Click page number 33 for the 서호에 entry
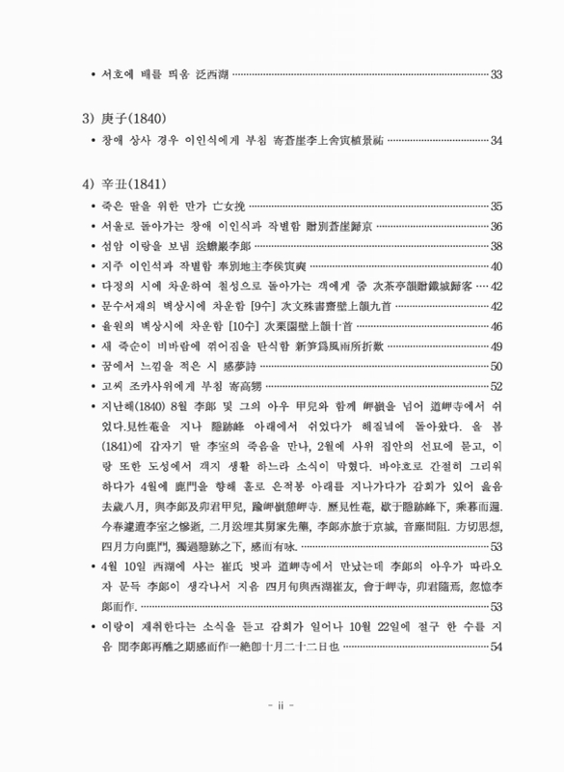[497, 74]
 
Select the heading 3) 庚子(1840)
[124, 119]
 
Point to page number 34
[497, 141]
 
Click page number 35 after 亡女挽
[497, 206]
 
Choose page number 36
[497, 227]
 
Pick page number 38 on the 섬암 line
[497, 246]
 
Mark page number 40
[497, 266]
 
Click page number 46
[497, 326]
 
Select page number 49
[497, 346]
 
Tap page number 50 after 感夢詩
[497, 367]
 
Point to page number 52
[497, 386]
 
